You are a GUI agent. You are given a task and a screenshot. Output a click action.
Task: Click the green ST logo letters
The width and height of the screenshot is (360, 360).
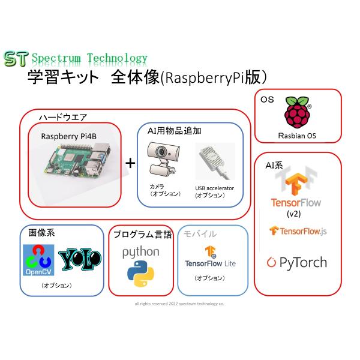[16, 58]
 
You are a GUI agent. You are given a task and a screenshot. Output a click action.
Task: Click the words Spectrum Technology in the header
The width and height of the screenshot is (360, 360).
[89, 58]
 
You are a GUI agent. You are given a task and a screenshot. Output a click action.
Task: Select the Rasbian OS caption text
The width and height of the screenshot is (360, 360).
[298, 136]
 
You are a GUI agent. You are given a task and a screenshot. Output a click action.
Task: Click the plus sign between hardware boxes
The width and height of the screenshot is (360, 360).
[130, 163]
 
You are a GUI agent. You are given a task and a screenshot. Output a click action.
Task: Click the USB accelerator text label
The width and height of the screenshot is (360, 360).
[214, 188]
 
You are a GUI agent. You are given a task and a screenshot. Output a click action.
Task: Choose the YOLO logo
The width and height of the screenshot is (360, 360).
[80, 258]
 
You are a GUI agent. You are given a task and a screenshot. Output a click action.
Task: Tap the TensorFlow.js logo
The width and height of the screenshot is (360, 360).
[298, 231]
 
